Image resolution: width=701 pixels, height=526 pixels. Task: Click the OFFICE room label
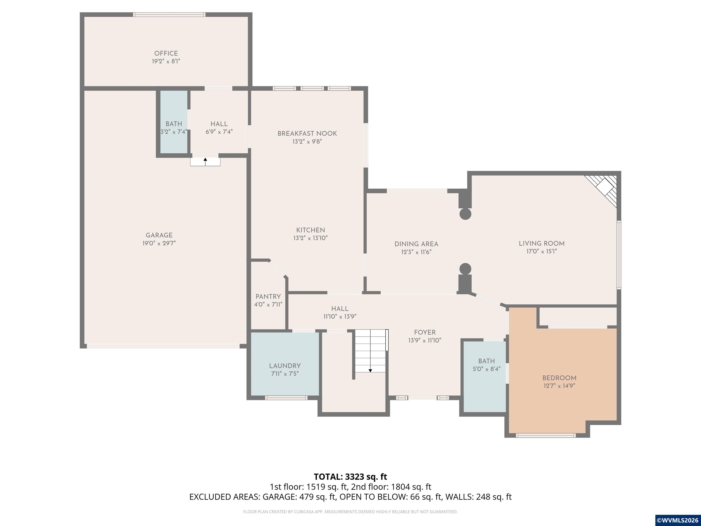(166, 53)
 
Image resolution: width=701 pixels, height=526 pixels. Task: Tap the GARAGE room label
(159, 235)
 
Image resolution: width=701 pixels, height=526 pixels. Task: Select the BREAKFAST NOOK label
(307, 134)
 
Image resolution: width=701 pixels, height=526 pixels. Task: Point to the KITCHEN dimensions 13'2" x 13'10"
(311, 238)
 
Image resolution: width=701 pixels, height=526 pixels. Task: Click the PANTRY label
(268, 297)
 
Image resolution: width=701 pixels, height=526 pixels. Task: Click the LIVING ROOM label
(541, 244)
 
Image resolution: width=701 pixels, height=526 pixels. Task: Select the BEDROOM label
(559, 378)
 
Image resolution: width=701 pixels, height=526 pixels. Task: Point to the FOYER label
(425, 332)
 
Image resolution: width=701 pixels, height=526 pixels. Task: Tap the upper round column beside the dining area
(465, 214)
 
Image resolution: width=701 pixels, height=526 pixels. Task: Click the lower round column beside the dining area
(465, 269)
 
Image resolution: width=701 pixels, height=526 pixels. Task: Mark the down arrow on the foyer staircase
(370, 370)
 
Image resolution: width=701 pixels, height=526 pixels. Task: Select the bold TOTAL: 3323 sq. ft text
(350, 476)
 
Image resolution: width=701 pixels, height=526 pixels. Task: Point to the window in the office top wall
(169, 15)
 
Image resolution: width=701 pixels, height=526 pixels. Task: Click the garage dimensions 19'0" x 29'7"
(159, 243)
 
